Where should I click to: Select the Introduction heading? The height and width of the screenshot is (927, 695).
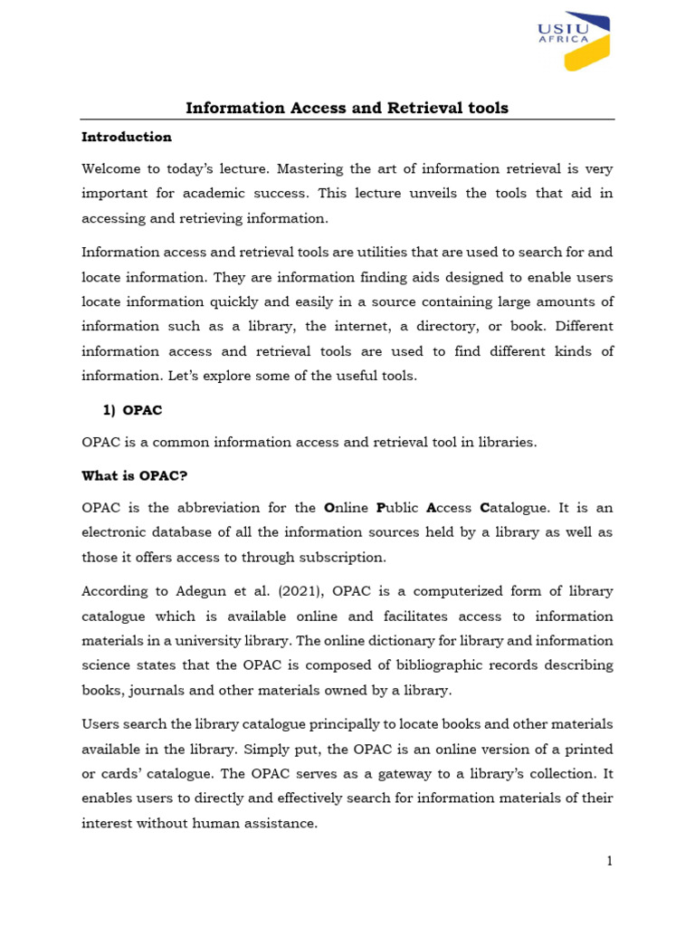(127, 137)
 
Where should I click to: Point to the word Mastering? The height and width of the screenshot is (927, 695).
(311, 168)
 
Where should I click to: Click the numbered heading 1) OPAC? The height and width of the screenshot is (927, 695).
(132, 410)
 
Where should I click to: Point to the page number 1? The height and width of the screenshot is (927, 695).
(610, 861)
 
